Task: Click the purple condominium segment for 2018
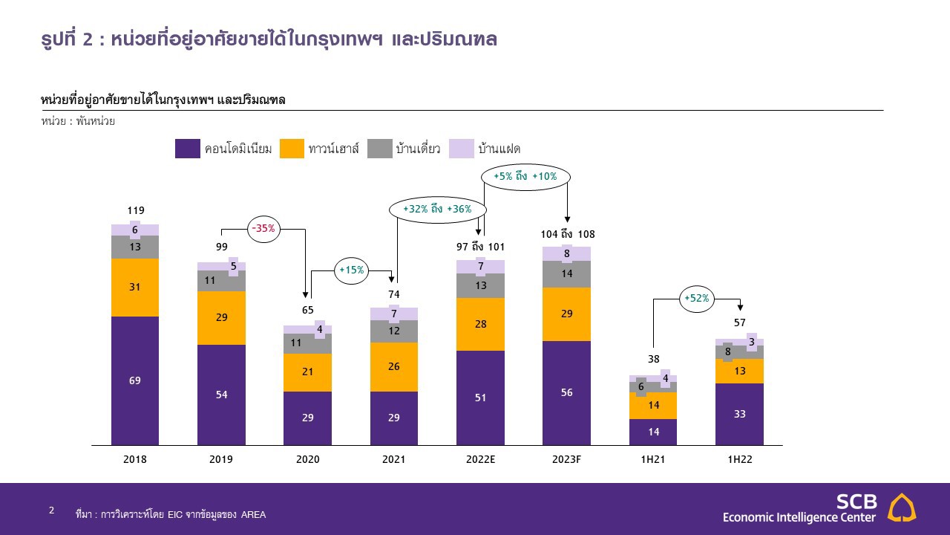tap(135, 380)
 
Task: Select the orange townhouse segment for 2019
tap(221, 317)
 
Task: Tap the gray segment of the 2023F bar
tap(566, 273)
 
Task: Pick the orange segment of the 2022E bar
tap(480, 324)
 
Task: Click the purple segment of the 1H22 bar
tap(739, 414)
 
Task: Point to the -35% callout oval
tap(263, 229)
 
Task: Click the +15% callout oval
tap(351, 270)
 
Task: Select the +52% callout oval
tap(696, 299)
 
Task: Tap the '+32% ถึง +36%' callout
tap(437, 210)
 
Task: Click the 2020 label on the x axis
tap(307, 459)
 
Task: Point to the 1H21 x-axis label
tap(653, 459)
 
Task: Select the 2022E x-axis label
tap(480, 459)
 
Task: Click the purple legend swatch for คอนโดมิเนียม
tap(188, 149)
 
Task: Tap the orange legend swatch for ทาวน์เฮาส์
tap(292, 149)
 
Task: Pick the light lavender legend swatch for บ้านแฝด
tap(462, 149)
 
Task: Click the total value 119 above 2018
tap(135, 210)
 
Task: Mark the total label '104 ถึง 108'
tap(568, 235)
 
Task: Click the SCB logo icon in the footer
tap(902, 507)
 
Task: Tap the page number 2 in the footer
tap(51, 510)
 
